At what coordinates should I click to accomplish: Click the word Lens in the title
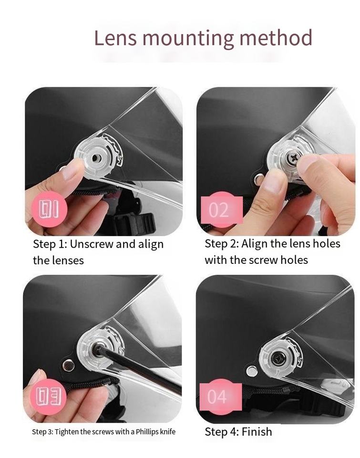coord(115,38)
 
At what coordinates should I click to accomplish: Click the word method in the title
coord(276,38)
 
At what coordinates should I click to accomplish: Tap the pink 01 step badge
coord(49,209)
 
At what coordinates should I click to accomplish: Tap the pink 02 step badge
coord(222,209)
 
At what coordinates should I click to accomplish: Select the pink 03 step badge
coord(49,396)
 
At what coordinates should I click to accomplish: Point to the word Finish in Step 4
coord(257,431)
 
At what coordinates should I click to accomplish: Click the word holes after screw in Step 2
coord(294,260)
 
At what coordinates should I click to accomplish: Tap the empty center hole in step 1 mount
coord(95,158)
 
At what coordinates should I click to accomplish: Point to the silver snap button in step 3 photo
coord(68,365)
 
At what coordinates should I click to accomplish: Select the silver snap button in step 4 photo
coord(252,371)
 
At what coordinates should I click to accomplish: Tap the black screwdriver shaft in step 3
coord(137,367)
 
